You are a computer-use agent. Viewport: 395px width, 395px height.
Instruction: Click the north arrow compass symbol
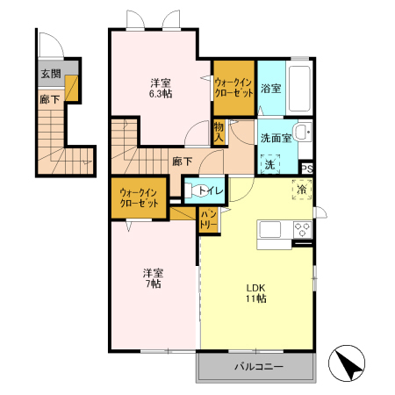(347, 363)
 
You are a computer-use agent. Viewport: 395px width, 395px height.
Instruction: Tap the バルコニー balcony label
(259, 366)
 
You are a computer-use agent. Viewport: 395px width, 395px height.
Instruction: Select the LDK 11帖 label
(256, 293)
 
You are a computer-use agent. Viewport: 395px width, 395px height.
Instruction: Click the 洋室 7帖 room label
(153, 278)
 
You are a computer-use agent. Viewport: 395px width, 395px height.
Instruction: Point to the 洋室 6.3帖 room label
(161, 89)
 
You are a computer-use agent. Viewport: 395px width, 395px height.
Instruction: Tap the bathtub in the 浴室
(299, 89)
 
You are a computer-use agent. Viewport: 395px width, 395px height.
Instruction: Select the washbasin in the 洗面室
(303, 133)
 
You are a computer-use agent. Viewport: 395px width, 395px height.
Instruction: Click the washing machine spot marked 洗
(270, 164)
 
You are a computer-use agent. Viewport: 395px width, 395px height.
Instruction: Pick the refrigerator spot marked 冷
(302, 190)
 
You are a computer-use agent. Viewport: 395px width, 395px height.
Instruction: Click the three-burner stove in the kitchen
(302, 229)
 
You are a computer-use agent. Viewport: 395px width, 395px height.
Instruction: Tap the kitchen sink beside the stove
(270, 229)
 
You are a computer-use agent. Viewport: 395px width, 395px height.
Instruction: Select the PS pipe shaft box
(307, 169)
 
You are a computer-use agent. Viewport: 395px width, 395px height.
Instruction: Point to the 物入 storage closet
(219, 133)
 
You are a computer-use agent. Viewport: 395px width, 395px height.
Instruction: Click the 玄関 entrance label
(51, 74)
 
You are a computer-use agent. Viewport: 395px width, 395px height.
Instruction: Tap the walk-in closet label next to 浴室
(233, 88)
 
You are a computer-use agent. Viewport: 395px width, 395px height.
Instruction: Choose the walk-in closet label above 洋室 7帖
(139, 198)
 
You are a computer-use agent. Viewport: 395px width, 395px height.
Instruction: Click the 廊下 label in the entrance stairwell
(50, 99)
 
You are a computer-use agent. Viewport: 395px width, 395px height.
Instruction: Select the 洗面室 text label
(276, 138)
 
